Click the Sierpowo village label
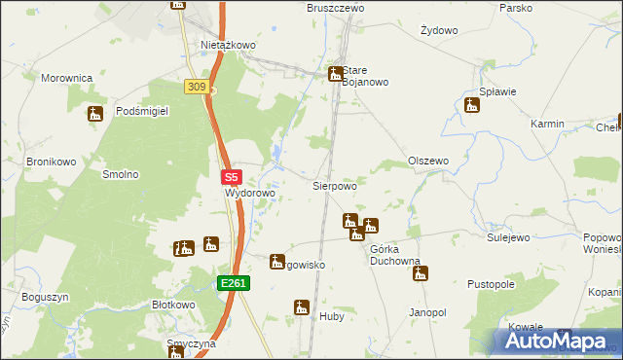(x=334, y=184)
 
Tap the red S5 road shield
(x=231, y=178)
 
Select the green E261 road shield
(x=234, y=283)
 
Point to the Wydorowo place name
(x=251, y=193)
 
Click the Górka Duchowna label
(x=394, y=261)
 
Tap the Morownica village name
(x=66, y=77)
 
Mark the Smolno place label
(x=121, y=174)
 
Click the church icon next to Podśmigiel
(x=94, y=115)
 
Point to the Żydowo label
(x=439, y=30)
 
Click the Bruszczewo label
(x=335, y=8)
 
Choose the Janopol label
(x=427, y=312)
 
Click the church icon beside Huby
(x=301, y=307)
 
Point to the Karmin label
(x=547, y=125)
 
